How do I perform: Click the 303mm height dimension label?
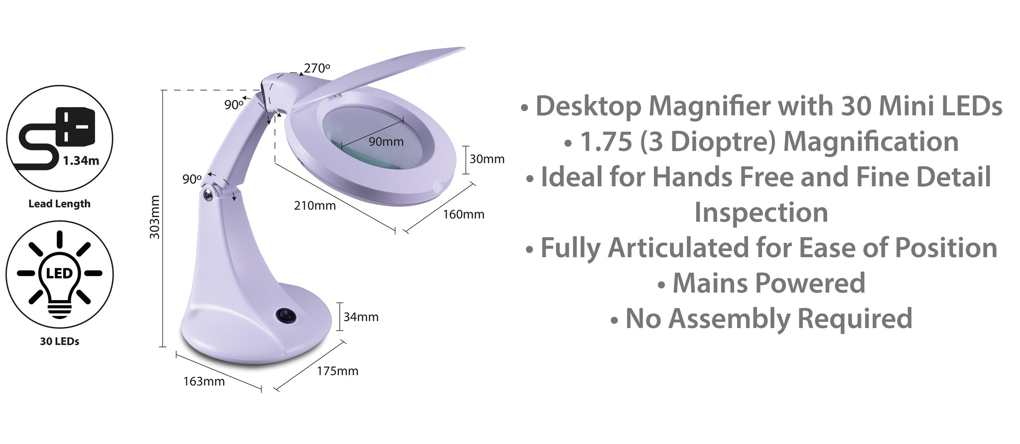[155, 217]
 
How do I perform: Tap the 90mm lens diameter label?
[386, 142]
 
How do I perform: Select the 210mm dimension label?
[315, 205]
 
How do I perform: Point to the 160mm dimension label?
[464, 214]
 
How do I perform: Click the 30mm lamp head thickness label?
[487, 159]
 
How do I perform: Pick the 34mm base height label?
[361, 317]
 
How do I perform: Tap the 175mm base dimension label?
[338, 371]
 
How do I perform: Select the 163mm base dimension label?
[204, 381]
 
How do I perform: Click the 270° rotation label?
[317, 68]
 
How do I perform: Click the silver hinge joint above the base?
[208, 193]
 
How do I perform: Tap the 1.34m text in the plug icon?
[81, 160]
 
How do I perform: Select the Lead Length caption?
[60, 204]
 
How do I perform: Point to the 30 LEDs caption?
[60, 341]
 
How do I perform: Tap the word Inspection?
[762, 212]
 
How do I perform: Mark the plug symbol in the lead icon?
[76, 127]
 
